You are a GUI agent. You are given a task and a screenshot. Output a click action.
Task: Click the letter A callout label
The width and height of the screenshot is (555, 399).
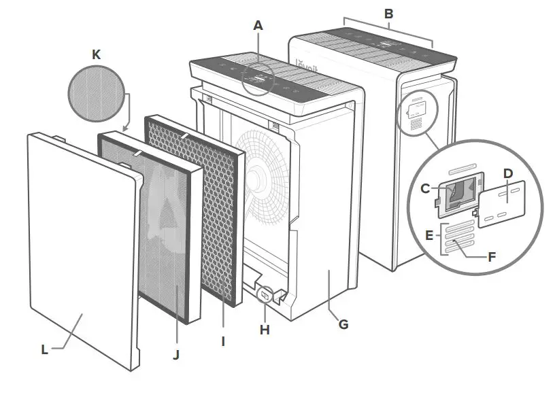point(258,26)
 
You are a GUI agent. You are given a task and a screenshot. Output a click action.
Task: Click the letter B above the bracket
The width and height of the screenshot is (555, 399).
point(388,13)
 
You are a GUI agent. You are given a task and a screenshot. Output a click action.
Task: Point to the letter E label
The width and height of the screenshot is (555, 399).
point(428,235)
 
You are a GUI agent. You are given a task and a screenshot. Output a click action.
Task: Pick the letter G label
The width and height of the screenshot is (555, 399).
point(343,324)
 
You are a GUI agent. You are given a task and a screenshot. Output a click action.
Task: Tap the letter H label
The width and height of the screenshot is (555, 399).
point(265,330)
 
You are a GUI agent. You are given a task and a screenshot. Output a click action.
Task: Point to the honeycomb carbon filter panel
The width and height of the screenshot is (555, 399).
point(194,211)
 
